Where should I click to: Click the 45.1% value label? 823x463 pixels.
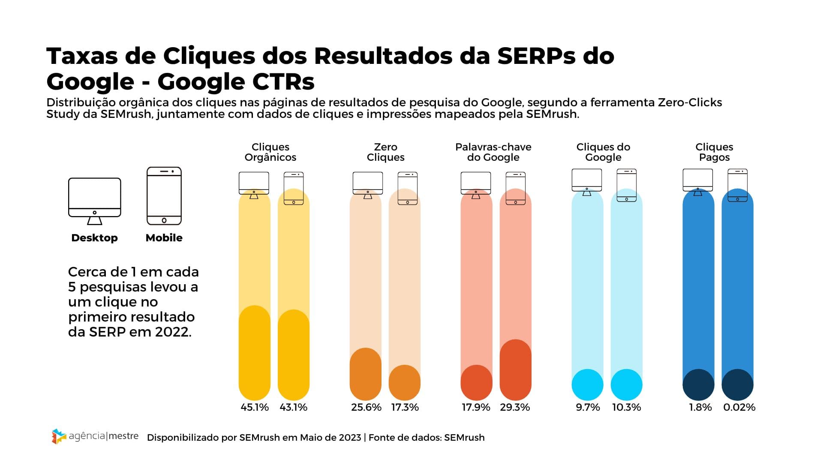[x=255, y=407]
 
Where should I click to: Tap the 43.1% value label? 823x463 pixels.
[x=294, y=407]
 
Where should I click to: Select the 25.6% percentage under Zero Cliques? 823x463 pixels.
[x=366, y=407]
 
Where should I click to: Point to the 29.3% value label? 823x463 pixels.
[x=515, y=407]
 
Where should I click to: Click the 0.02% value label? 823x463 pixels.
[x=739, y=407]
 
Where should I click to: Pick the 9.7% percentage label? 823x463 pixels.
[x=588, y=407]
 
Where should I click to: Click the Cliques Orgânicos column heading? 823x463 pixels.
[x=270, y=152]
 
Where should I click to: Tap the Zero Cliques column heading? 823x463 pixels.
[x=385, y=152]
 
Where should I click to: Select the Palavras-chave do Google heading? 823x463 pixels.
[x=493, y=152]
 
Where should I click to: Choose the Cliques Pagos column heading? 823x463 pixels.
[x=714, y=152]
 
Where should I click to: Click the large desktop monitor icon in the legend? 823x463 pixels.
[x=95, y=201]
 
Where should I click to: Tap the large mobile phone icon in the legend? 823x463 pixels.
[x=164, y=196]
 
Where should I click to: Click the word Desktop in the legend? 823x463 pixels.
[x=94, y=238]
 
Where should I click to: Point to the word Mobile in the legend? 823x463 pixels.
[x=164, y=238]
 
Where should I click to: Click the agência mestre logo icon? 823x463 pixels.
[x=59, y=436]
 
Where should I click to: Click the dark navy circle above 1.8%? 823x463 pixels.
[x=698, y=385]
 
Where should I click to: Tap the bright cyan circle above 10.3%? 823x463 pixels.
[x=626, y=385]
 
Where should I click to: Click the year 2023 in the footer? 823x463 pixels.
[x=350, y=438]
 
